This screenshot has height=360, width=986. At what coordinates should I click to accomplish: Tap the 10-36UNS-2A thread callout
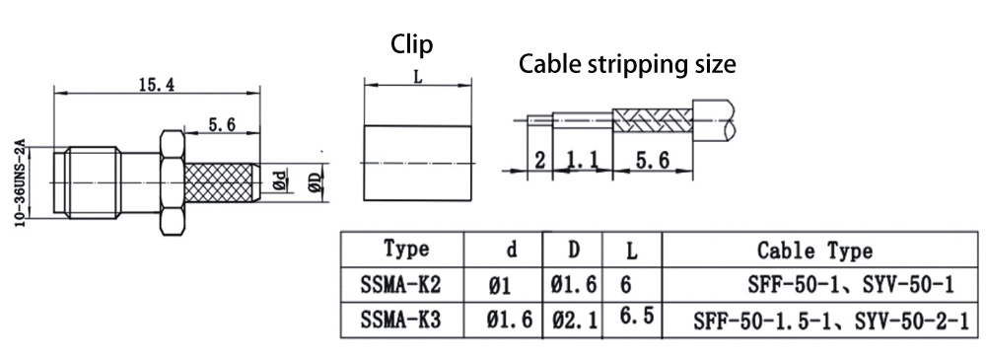coord(20,183)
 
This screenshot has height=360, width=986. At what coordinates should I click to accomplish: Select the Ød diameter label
coord(280,180)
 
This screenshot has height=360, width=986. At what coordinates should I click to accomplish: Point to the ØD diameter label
coord(315,181)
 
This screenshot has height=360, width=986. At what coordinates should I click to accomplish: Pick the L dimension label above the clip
coord(417,77)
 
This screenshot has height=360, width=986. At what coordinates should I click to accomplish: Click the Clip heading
coord(412,44)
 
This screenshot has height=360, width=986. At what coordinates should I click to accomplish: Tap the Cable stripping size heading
coord(627,64)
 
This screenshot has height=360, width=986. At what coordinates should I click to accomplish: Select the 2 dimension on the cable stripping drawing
coord(539,161)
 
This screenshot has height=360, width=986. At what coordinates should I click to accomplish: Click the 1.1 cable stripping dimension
coord(583,161)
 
